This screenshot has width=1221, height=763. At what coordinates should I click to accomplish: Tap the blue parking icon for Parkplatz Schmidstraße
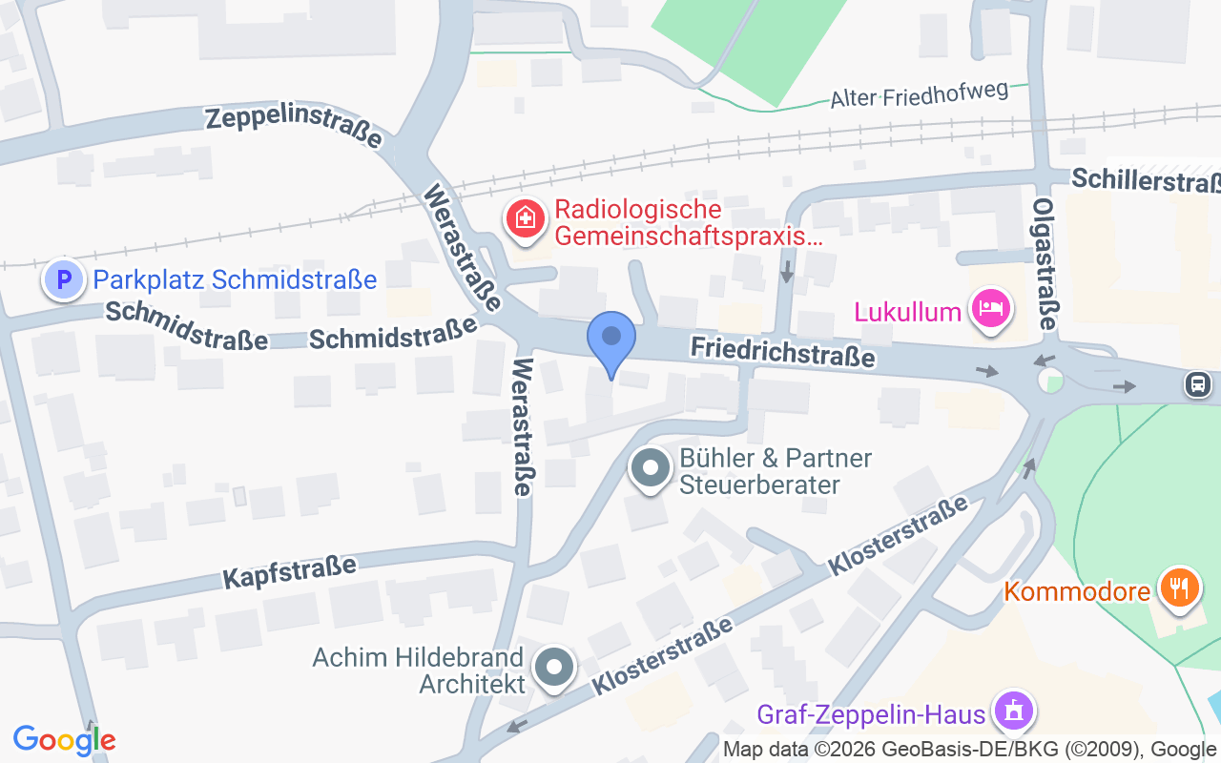(64, 280)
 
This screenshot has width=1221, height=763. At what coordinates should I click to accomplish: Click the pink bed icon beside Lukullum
(991, 308)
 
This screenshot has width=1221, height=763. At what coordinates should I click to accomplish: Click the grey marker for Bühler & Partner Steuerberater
(652, 469)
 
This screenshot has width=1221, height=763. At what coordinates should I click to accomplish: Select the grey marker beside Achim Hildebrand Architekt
(554, 669)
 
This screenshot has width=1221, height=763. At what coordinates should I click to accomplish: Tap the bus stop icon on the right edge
(1197, 383)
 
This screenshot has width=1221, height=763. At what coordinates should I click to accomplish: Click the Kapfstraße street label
(289, 570)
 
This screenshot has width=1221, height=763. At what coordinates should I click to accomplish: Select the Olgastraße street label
(1045, 264)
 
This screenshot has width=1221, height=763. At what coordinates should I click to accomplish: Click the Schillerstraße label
(1145, 181)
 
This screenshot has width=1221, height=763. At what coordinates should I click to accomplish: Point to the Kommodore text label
(1077, 591)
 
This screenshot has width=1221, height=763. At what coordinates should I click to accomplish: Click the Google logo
(65, 740)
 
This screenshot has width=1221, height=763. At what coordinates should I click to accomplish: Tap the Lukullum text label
(907, 312)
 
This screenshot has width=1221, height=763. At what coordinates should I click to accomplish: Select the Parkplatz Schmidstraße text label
(235, 279)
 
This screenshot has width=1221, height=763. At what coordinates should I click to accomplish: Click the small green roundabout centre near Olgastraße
(1053, 383)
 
